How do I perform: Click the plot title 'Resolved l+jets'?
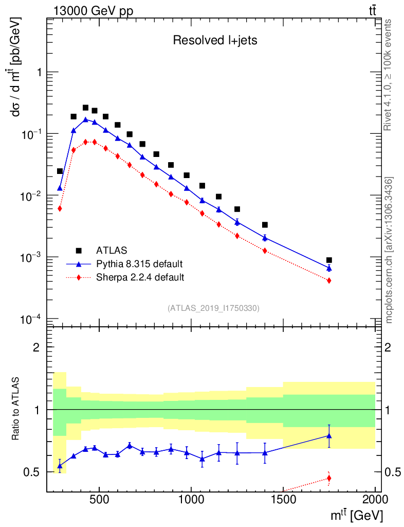(215, 41)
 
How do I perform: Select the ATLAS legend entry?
(109, 251)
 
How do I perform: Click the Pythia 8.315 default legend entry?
(139, 264)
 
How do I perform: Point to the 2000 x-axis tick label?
(375, 499)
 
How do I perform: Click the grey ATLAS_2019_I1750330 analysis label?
(213, 308)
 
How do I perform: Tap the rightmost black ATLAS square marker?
(329, 260)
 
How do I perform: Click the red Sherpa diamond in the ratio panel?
(329, 479)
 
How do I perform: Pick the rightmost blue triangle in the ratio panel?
(329, 436)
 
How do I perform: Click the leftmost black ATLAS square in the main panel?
(60, 171)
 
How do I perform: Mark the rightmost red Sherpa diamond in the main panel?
(329, 280)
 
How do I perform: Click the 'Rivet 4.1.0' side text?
(389, 75)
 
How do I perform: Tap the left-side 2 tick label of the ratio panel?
(36, 347)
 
